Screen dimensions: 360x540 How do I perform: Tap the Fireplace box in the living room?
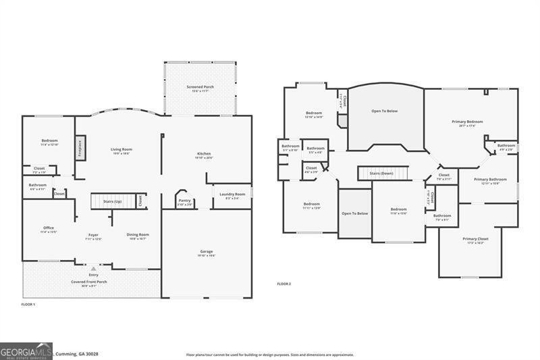[80, 147]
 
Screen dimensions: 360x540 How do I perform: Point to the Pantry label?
[184, 200]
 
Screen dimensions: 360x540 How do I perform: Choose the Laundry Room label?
[232, 195]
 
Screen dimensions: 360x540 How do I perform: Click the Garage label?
[206, 252]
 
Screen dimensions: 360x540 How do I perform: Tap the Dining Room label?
[138, 235]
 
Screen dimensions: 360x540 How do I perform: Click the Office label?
[49, 229]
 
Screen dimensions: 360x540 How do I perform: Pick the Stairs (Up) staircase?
[112, 201]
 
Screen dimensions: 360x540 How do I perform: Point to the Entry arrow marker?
[93, 267]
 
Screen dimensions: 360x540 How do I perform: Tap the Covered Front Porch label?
[89, 282]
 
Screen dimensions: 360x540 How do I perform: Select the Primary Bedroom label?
[467, 122]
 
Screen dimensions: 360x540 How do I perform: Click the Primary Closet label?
[475, 238]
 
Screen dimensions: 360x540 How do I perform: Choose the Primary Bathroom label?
[490, 180]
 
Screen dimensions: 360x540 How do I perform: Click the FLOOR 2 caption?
[284, 284]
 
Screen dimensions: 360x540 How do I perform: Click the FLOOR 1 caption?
[28, 305]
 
